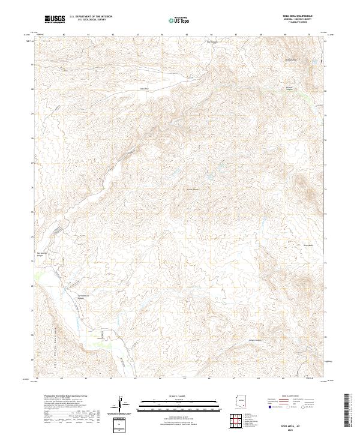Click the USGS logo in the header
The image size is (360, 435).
click(x=55, y=19)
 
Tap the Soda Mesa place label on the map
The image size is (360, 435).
click(x=144, y=88)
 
